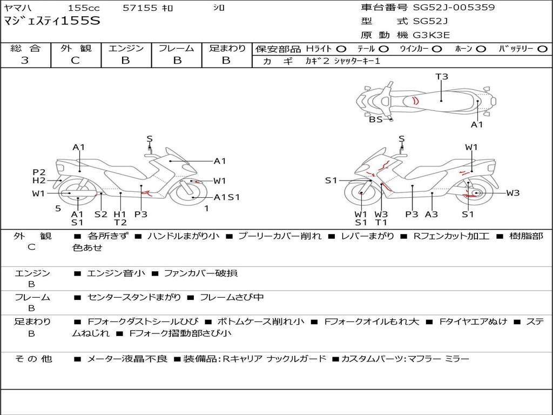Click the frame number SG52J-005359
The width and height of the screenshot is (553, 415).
[454, 7]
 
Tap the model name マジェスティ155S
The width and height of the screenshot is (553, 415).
[52, 21]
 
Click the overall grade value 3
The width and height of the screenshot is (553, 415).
[25, 60]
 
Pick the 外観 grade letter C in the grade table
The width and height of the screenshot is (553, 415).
[76, 60]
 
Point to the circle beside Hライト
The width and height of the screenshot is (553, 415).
[341, 49]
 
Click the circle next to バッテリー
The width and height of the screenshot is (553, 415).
[542, 49]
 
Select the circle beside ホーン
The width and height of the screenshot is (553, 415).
[481, 49]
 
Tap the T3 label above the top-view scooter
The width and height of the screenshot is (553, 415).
[442, 76]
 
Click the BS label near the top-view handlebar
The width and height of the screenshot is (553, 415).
[376, 119]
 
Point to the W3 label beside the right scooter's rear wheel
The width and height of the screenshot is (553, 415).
[513, 193]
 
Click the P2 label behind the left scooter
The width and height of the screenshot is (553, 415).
[39, 172]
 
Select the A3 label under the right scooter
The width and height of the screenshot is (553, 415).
[431, 214]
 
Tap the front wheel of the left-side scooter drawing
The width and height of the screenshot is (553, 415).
[187, 193]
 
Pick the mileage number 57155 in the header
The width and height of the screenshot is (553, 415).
[140, 8]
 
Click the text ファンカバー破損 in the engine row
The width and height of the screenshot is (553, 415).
[201, 273]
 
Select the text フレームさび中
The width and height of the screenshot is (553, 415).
[232, 297]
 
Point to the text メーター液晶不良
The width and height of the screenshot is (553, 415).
[127, 359]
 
